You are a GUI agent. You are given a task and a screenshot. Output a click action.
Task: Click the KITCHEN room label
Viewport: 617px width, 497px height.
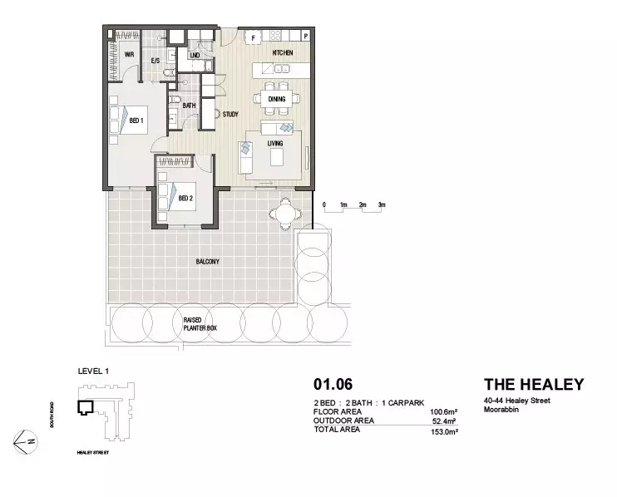tap(283, 53)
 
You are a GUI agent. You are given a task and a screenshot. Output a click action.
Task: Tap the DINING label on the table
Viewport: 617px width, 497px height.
tap(277, 98)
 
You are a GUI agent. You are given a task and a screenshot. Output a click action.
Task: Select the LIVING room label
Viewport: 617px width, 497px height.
tap(275, 143)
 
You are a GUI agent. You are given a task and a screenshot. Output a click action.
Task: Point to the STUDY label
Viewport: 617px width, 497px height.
tap(231, 114)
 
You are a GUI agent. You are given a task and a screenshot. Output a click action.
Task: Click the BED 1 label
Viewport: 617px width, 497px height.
tap(136, 121)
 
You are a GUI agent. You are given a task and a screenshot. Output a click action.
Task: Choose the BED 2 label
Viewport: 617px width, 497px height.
tap(185, 199)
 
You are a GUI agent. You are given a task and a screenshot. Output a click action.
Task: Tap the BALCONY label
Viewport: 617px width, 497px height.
tap(208, 262)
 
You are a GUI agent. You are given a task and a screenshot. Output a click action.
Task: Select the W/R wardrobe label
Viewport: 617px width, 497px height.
tap(130, 55)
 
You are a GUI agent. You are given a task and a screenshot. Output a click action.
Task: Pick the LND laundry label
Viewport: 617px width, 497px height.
tap(195, 56)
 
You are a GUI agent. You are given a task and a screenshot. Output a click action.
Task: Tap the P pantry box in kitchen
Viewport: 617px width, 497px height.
tap(305, 37)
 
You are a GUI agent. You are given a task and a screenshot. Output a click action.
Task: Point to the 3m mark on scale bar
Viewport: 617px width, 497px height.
tap(382, 204)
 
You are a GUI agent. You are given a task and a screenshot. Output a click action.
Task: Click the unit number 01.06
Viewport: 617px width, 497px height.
tap(332, 385)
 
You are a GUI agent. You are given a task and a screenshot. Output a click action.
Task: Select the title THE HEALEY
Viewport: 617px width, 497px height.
tap(533, 385)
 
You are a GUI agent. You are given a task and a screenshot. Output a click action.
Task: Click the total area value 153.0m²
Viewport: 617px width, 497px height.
tap(445, 431)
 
